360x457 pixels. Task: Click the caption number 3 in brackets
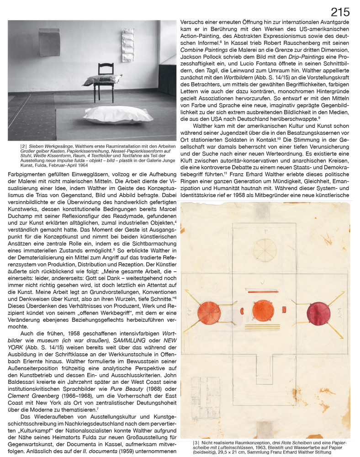click(x=196, y=443)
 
